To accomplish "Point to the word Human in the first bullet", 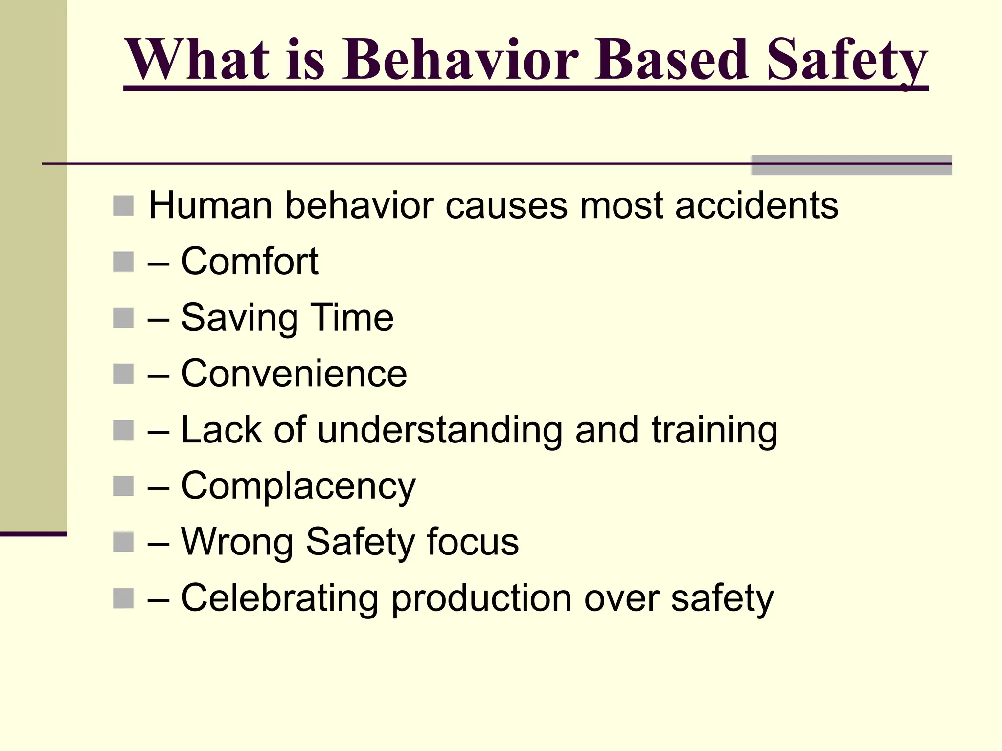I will coord(210,205).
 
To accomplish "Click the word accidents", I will coord(756,205).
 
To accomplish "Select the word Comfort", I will coord(250,262).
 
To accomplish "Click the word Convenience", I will coord(294,374).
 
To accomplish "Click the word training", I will coord(714,430).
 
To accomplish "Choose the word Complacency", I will coord(298,486).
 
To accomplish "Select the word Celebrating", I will coord(279,598).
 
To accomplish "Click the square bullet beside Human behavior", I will coord(123,206).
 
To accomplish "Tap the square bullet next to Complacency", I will coord(123,486).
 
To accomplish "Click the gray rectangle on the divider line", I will coord(851,165).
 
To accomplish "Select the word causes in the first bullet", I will coord(506,205).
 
